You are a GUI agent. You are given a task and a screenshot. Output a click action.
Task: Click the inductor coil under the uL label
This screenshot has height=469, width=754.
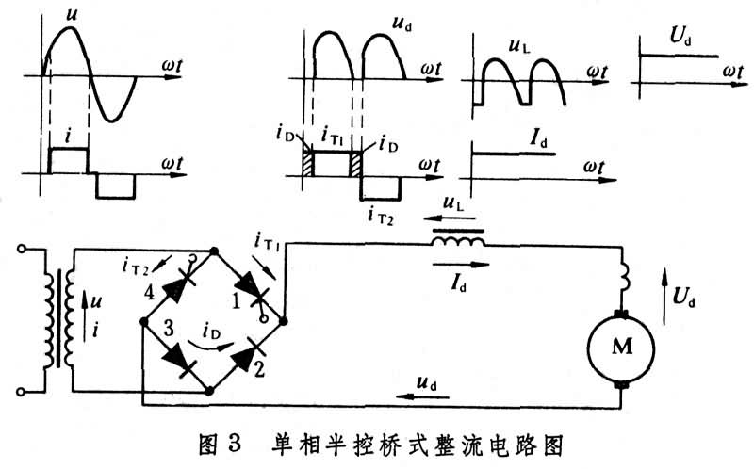[x=459, y=244]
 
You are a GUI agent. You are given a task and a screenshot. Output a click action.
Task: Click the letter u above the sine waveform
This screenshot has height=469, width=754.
[x=71, y=14]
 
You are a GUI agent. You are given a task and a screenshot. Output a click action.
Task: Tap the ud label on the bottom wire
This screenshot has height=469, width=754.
[x=425, y=382]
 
